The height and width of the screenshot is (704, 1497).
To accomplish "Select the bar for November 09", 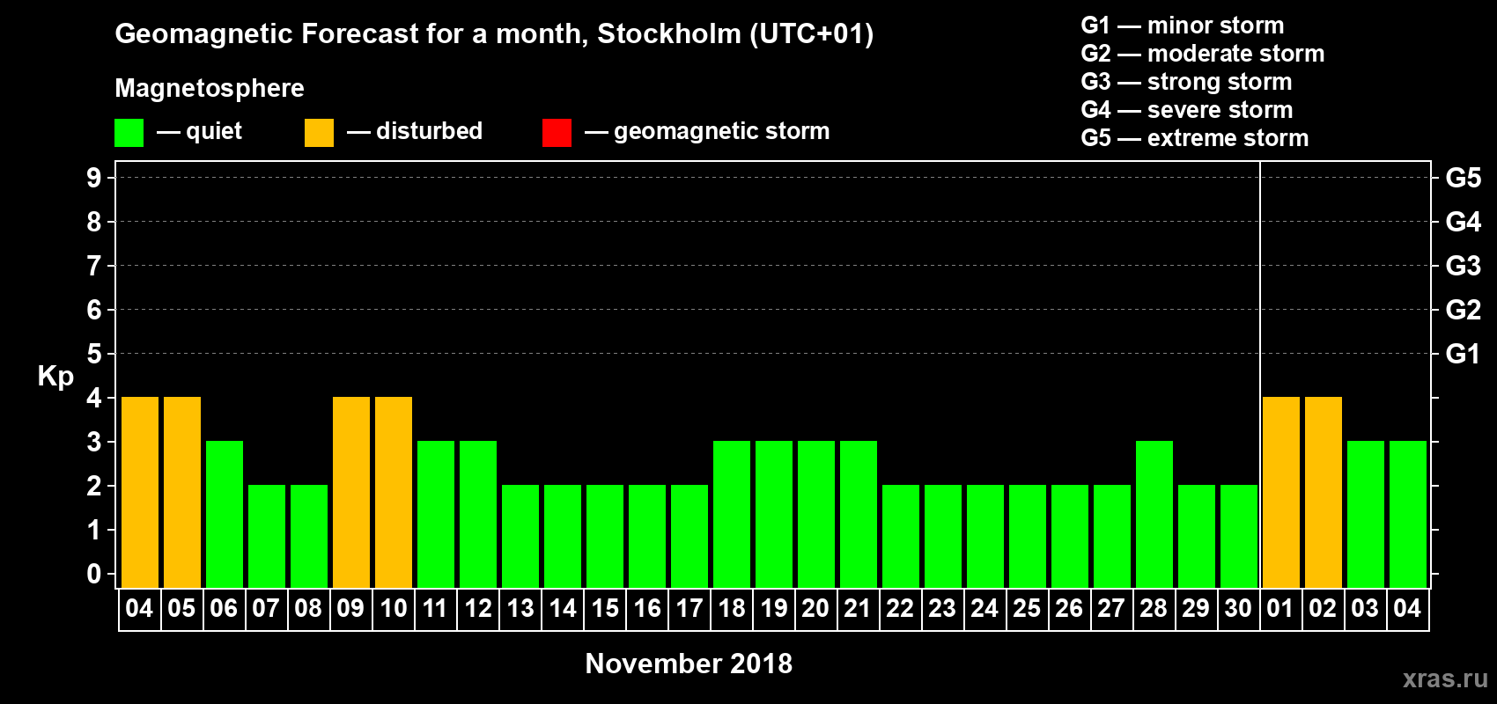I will tap(351, 493).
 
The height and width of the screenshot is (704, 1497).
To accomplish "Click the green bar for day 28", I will tap(1154, 515).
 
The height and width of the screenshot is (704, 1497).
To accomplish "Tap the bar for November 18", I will tap(732, 515).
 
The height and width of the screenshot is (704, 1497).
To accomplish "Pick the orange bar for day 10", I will tap(394, 493).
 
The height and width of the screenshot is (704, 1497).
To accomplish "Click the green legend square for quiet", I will tap(129, 133).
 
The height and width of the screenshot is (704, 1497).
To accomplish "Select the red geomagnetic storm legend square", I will tap(557, 133).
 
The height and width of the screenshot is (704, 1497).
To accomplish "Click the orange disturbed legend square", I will tap(319, 133).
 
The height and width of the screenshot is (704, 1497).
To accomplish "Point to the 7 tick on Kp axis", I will tap(94, 266).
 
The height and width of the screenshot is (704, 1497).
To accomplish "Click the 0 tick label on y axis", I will tap(94, 574).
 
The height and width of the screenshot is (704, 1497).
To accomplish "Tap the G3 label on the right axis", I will tap(1463, 266).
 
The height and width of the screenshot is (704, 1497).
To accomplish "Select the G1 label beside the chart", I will tap(1463, 354).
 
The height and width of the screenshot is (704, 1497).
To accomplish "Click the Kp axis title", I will tap(55, 377).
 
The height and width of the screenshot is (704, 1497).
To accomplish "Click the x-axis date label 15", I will tap(605, 608).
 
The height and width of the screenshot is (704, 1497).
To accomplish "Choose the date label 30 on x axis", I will tap(1238, 608).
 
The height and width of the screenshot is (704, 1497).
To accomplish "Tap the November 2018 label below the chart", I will tap(689, 664).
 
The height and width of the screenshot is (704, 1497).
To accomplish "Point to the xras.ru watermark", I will tap(1444, 678).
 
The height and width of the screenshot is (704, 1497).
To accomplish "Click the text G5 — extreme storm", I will tap(1194, 138).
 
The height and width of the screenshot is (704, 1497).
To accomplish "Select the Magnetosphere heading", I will tap(210, 88).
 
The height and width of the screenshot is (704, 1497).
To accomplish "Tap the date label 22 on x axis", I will tap(900, 608).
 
